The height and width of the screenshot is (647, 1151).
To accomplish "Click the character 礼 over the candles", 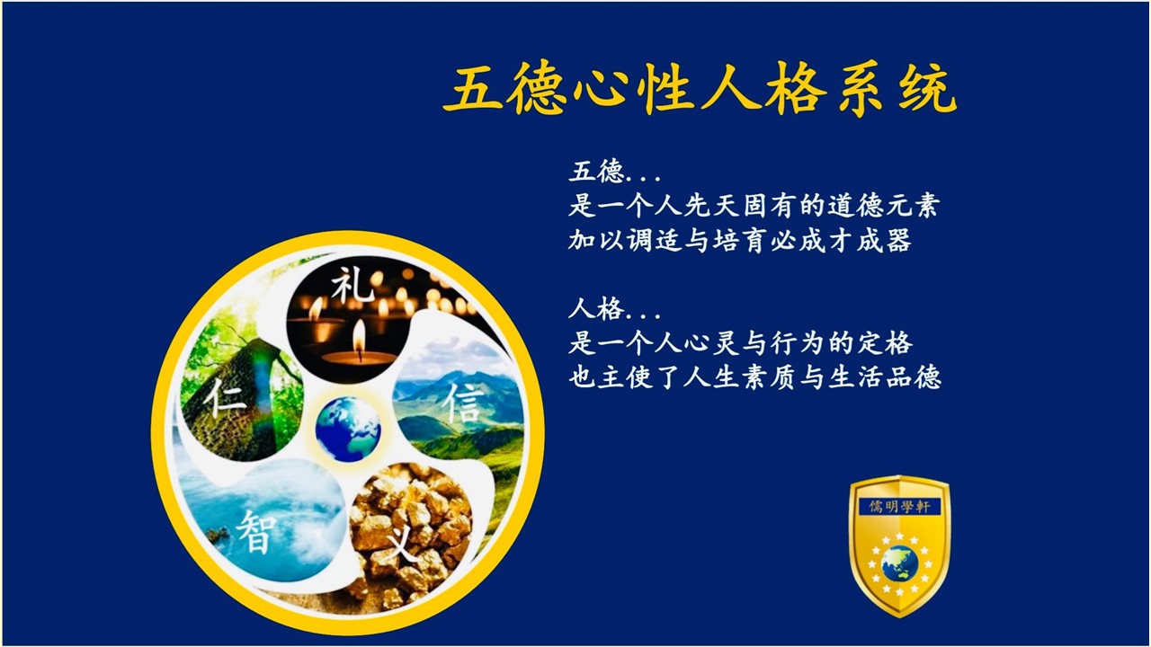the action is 352,286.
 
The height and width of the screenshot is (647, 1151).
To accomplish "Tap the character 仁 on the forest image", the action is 225,399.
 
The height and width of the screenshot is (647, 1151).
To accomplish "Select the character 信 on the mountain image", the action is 463,403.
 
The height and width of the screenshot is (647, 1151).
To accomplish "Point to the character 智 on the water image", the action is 257,531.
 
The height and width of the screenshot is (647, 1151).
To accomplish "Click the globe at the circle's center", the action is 348,429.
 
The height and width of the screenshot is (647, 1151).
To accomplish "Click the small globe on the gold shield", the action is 899,563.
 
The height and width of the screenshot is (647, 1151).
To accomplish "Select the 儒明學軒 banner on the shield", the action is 899,507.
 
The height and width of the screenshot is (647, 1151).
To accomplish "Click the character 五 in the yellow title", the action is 473,87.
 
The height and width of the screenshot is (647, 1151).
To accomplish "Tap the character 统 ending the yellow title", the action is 928,88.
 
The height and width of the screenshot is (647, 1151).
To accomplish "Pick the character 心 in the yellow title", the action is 602,87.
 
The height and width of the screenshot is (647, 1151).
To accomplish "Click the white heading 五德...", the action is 596,172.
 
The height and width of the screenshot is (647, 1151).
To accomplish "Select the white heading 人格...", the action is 596,309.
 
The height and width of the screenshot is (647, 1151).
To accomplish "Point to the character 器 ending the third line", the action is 898,240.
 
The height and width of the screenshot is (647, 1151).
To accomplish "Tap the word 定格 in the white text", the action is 885,343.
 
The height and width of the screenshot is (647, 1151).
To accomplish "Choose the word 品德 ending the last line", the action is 914,377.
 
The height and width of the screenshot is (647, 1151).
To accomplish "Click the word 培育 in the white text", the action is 740,240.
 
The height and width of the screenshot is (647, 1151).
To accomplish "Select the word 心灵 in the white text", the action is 711,343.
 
